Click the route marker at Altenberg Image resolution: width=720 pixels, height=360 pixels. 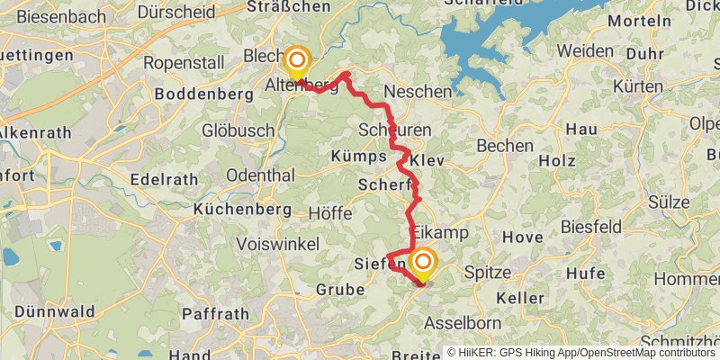click(296, 63)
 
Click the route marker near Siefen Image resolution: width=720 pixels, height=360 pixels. click(422, 265)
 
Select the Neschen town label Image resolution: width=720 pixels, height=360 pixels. click(417, 92)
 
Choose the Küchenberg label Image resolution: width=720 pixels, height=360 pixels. click(242, 209)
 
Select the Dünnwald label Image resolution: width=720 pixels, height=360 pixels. click(48, 312)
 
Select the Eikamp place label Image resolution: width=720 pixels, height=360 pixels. click(442, 232)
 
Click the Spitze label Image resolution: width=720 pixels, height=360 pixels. click(487, 271)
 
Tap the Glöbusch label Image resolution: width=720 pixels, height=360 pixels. click(238, 130)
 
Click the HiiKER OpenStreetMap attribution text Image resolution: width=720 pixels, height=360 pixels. click(582, 353)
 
